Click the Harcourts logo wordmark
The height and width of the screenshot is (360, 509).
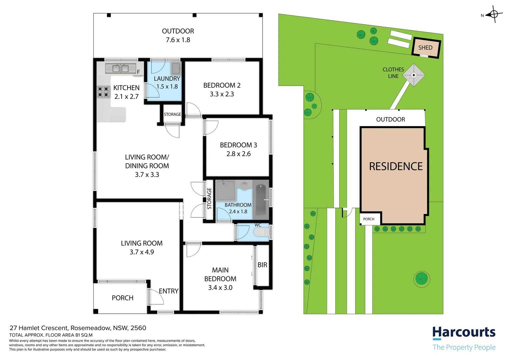tap(464, 333)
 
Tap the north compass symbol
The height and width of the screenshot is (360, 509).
tap(494, 14)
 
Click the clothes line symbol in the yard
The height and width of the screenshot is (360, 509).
tap(414, 75)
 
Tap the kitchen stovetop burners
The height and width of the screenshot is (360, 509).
tap(104, 92)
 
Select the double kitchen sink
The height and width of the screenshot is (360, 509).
tap(120, 68)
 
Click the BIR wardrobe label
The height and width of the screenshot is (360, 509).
tap(262, 265)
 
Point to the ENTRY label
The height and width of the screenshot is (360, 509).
tap(169, 291)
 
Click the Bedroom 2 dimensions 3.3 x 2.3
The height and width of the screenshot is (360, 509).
tap(222, 94)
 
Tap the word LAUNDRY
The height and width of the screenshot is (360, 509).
tap(167, 79)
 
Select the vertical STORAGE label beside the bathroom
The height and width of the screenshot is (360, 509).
tap(209, 199)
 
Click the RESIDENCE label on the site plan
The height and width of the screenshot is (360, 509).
tap(396, 166)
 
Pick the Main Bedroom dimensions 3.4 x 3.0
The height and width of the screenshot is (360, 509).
tap(220, 288)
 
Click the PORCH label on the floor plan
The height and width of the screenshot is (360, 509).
tap(123, 298)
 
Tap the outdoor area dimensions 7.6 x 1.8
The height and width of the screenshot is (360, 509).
tap(178, 40)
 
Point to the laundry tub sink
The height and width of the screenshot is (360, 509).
tap(176, 68)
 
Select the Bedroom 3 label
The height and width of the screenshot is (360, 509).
tap(239, 145)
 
